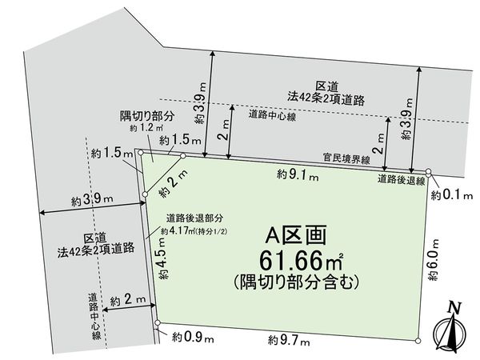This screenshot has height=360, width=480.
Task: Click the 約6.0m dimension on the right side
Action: click(433, 259)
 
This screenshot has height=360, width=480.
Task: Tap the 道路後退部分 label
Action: click(194, 218)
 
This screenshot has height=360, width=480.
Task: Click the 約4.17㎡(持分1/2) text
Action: click(195, 230)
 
